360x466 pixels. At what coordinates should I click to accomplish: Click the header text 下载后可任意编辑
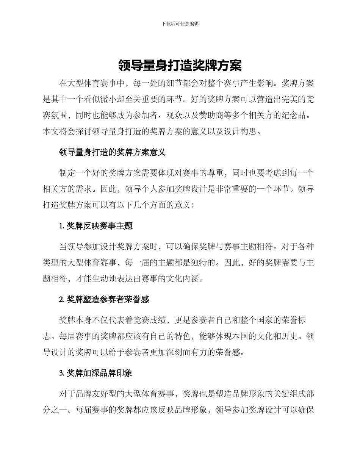coord(180,23)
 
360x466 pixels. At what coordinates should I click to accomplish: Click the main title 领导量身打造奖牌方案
coord(180,66)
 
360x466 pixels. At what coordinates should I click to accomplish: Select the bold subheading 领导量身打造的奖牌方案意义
coord(113,153)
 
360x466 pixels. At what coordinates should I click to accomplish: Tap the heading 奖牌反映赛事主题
coord(100,226)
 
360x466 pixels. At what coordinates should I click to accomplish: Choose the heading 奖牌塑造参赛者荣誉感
coord(108,300)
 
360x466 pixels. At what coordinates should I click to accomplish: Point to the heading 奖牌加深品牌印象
coord(100,373)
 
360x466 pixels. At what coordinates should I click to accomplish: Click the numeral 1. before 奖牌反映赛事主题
coord(62,226)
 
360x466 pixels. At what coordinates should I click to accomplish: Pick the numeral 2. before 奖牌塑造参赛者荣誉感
coord(62,300)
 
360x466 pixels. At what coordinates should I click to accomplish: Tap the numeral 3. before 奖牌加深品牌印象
coord(62,373)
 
